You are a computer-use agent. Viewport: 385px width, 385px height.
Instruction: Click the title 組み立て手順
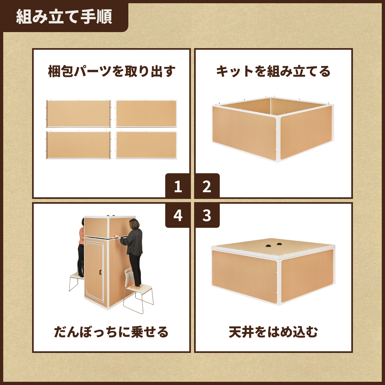click(64, 17)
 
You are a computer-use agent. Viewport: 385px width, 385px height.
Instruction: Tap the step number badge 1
click(178, 186)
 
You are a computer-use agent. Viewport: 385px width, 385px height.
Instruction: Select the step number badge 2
click(207, 186)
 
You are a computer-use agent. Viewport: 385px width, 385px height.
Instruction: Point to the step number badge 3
click(207, 215)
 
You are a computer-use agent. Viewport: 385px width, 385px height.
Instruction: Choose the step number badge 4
click(178, 215)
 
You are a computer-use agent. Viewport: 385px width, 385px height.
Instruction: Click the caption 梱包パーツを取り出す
click(112, 71)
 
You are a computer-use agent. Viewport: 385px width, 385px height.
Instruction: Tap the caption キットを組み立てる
click(273, 71)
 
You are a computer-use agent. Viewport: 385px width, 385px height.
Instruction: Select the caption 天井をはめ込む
click(273, 332)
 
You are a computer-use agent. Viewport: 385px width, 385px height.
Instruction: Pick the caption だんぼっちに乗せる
click(111, 332)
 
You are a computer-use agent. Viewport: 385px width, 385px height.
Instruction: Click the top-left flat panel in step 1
click(78, 114)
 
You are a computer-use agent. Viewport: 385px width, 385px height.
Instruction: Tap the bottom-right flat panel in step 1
click(146, 145)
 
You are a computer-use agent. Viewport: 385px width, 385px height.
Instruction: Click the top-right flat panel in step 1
click(146, 113)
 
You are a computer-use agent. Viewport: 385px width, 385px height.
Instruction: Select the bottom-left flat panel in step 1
click(78, 145)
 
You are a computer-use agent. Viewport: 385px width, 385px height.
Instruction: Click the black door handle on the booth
click(100, 272)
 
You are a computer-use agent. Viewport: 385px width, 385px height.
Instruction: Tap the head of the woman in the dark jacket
click(134, 224)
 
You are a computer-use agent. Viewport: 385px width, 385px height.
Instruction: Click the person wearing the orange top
click(81, 248)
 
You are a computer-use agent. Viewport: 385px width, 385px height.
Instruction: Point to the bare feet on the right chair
click(135, 286)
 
